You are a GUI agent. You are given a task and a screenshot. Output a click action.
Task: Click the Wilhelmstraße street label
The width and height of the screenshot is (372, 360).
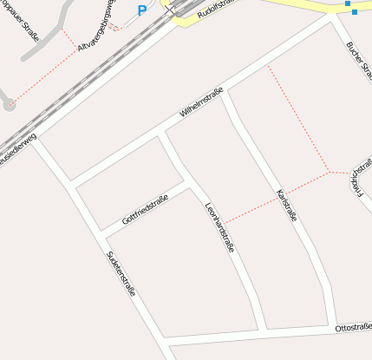click(x=201, y=102)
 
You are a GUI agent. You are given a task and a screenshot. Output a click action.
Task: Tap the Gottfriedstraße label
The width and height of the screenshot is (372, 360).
click(x=144, y=209)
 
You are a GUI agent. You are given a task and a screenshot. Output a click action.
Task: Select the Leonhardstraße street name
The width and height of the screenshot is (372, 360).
click(x=219, y=228)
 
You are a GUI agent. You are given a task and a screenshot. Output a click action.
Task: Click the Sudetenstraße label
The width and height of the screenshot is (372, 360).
click(x=121, y=273)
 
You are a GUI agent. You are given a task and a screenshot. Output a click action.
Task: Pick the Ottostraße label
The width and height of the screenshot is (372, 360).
click(x=353, y=327)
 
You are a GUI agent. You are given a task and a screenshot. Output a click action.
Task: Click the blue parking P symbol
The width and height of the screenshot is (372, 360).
click(x=142, y=11)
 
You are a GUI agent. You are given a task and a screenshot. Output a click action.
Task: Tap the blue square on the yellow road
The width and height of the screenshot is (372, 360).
click(x=348, y=4)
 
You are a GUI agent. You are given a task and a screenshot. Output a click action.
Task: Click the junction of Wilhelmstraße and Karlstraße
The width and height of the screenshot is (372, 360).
click(x=225, y=95)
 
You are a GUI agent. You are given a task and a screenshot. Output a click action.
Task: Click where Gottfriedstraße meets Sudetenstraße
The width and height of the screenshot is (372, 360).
click(x=105, y=235)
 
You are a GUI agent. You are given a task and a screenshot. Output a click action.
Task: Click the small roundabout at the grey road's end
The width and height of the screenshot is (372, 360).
click(x=10, y=105)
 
